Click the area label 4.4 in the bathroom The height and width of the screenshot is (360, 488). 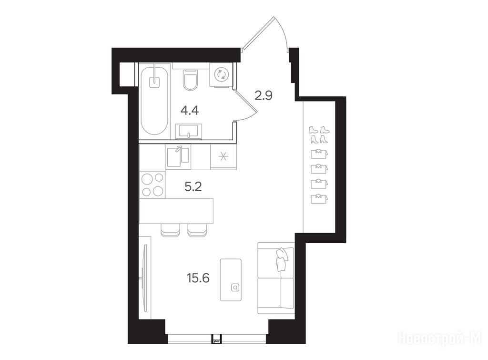click(x=190, y=111)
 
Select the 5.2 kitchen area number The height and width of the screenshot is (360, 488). click(x=193, y=187)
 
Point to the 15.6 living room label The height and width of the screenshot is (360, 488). click(x=198, y=278)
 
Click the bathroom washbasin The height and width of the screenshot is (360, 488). click(x=189, y=131)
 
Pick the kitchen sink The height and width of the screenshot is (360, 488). click(x=178, y=157)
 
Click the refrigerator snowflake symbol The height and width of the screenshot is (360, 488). click(x=223, y=156)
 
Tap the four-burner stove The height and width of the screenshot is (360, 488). click(x=152, y=185)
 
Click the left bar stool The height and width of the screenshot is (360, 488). click(x=170, y=230)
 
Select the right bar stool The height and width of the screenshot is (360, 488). click(x=197, y=230)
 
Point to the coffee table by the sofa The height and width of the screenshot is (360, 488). click(x=231, y=279)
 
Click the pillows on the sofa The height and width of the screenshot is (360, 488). click(x=283, y=259)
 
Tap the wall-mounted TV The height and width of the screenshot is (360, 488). click(x=144, y=278)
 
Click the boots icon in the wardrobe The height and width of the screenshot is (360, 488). click(x=319, y=134)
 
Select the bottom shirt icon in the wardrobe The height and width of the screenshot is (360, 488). click(x=319, y=199)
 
